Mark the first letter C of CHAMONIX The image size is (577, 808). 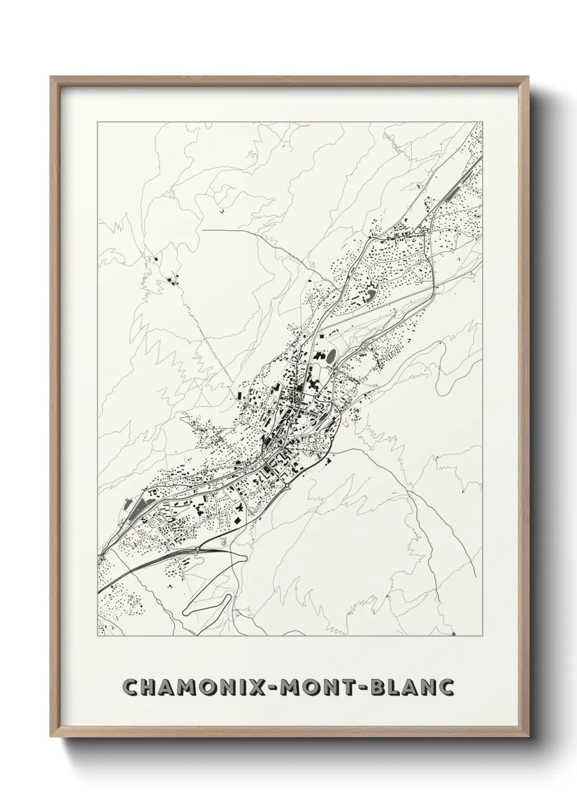tap(131, 687)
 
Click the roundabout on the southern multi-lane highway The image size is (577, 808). tap(287, 484)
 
